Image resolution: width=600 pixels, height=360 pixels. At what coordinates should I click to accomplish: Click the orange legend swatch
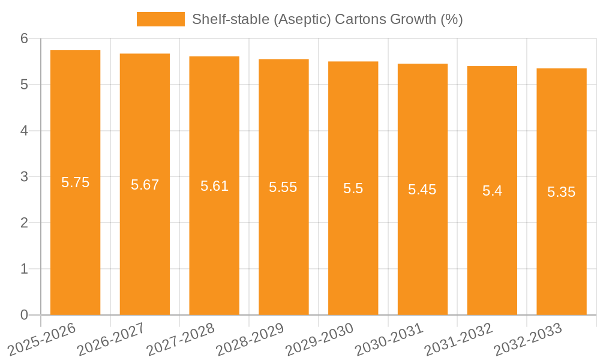(160, 19)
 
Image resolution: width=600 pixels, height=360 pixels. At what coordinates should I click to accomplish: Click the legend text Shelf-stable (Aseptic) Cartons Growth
(327, 19)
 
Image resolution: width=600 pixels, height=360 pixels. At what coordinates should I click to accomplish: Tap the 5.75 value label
(75, 182)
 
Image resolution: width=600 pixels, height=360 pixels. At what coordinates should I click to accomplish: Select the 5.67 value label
(145, 185)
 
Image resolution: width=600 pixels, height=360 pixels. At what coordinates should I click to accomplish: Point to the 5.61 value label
(214, 186)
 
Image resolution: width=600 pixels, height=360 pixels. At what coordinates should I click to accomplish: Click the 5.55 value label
(283, 187)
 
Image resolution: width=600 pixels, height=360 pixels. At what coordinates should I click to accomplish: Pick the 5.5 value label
(353, 188)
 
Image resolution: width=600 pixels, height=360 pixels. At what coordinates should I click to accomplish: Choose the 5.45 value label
(422, 190)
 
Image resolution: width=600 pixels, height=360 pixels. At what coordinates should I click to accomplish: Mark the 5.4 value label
(492, 191)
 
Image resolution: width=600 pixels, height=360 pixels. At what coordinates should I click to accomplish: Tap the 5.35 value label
(561, 192)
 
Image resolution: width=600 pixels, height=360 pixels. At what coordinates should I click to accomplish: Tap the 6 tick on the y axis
(24, 38)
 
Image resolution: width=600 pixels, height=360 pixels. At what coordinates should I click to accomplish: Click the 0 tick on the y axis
(24, 315)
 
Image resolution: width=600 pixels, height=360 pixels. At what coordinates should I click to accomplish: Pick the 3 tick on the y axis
(24, 177)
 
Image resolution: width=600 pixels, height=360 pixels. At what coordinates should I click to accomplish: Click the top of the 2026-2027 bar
(145, 54)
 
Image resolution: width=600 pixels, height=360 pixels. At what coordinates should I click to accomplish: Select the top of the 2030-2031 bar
(422, 64)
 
